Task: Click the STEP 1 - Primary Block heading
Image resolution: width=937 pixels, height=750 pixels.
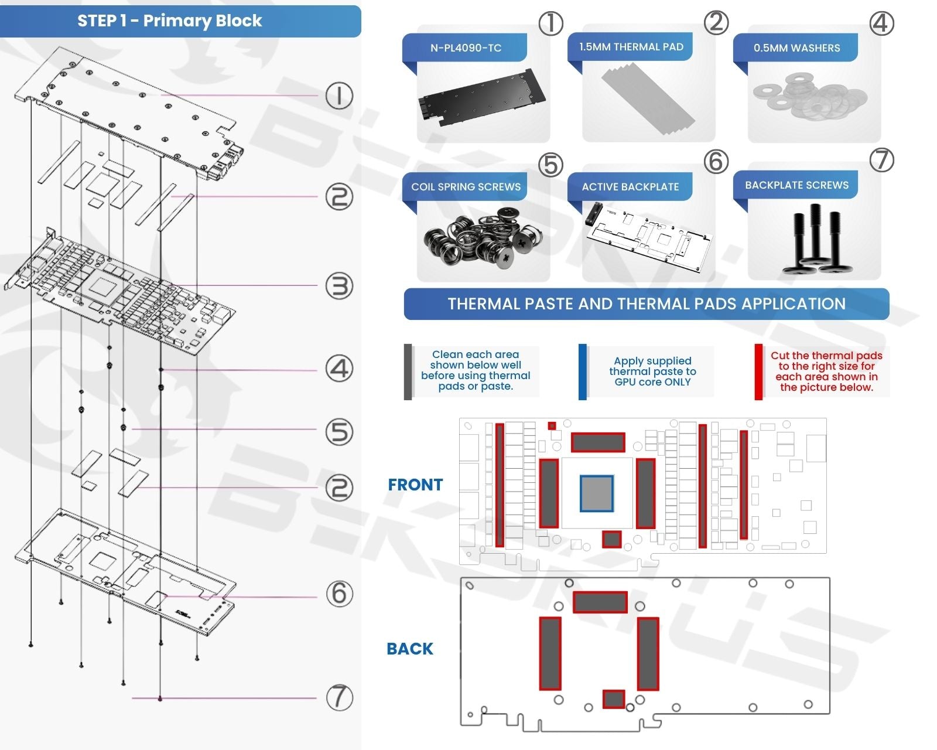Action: coord(170,21)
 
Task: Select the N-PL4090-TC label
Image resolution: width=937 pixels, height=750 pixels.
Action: coord(466,48)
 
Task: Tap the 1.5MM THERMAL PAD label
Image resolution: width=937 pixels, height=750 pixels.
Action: coord(631,47)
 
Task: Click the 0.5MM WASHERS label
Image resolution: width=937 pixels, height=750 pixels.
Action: coord(796,48)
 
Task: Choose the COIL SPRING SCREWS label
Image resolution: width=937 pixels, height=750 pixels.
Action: coord(466,187)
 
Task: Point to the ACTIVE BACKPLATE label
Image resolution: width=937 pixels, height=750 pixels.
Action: coord(630,187)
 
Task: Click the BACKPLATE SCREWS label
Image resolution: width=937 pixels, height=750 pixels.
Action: coord(796,185)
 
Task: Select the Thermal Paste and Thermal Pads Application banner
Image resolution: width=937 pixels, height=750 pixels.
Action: coord(647,304)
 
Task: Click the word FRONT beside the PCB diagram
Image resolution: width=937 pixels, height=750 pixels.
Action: coord(415,485)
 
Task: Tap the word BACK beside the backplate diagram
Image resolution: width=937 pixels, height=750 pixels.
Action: coord(410,649)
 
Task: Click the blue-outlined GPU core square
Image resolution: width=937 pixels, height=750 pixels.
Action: coord(597,493)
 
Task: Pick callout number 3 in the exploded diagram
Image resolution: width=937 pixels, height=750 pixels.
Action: coord(339,286)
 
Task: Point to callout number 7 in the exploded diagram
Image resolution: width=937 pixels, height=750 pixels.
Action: coord(339,697)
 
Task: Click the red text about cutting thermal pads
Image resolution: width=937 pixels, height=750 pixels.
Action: coord(826,371)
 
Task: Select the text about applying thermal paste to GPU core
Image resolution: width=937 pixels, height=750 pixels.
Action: coord(652,371)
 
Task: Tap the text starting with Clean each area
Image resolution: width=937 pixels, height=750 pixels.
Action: coord(476,370)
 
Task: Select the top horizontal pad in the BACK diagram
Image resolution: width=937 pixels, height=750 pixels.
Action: coord(600,602)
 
